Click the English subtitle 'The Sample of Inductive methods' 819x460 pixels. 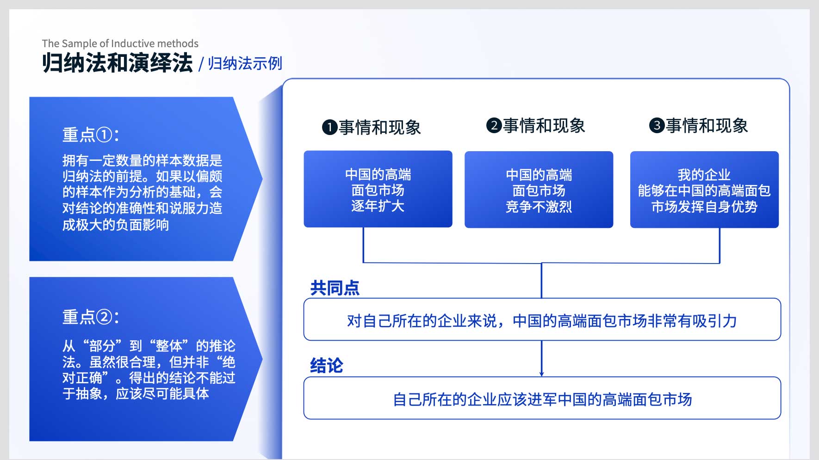coord(120,43)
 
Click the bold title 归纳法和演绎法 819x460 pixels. coord(117,63)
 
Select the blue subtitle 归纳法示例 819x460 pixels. coord(245,63)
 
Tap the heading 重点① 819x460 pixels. coord(91,135)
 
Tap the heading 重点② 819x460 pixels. coord(91,317)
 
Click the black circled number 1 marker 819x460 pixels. coord(329,127)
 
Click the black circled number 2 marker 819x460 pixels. coord(494,125)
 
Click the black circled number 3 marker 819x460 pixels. coord(657,125)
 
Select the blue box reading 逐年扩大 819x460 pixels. coord(378,189)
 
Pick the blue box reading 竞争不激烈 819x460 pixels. coord(539,190)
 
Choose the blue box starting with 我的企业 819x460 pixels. coord(704,190)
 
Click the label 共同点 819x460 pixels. coord(335,288)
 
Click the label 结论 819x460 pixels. coord(327,365)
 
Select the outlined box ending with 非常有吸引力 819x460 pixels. coord(542,319)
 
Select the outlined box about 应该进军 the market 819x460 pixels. coord(542,398)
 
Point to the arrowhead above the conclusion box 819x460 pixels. coord(541,374)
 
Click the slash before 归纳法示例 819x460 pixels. coord(201,64)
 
